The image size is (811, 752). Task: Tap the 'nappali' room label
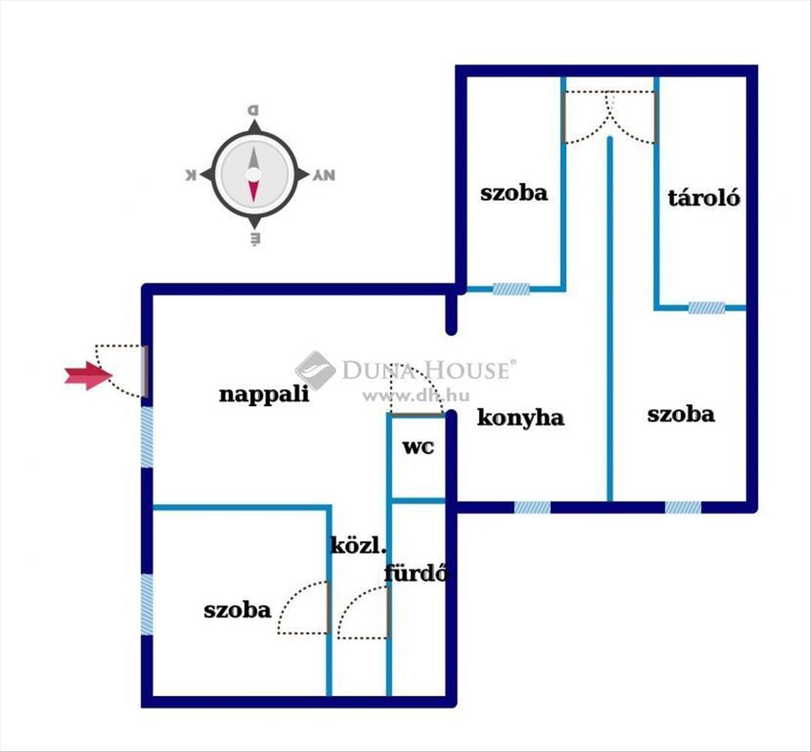pos(264,394)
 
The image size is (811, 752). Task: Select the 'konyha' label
pos(520,417)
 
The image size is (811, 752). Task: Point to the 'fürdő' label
pos(416,574)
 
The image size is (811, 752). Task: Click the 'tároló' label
pos(704,198)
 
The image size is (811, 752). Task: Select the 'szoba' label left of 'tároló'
pos(514,193)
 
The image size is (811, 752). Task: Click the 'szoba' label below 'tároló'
pos(680,414)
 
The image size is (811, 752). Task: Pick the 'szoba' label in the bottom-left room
pos(237,609)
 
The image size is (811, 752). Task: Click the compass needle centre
pos(253,174)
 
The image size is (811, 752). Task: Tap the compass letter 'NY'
pos(324,175)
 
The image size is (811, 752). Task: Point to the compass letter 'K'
pos(190,175)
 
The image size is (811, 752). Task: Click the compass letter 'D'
pos(253,110)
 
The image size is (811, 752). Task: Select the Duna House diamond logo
pos(315,369)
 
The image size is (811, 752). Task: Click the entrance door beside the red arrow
pos(145,370)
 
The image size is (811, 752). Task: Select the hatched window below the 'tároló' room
pos(707,308)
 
